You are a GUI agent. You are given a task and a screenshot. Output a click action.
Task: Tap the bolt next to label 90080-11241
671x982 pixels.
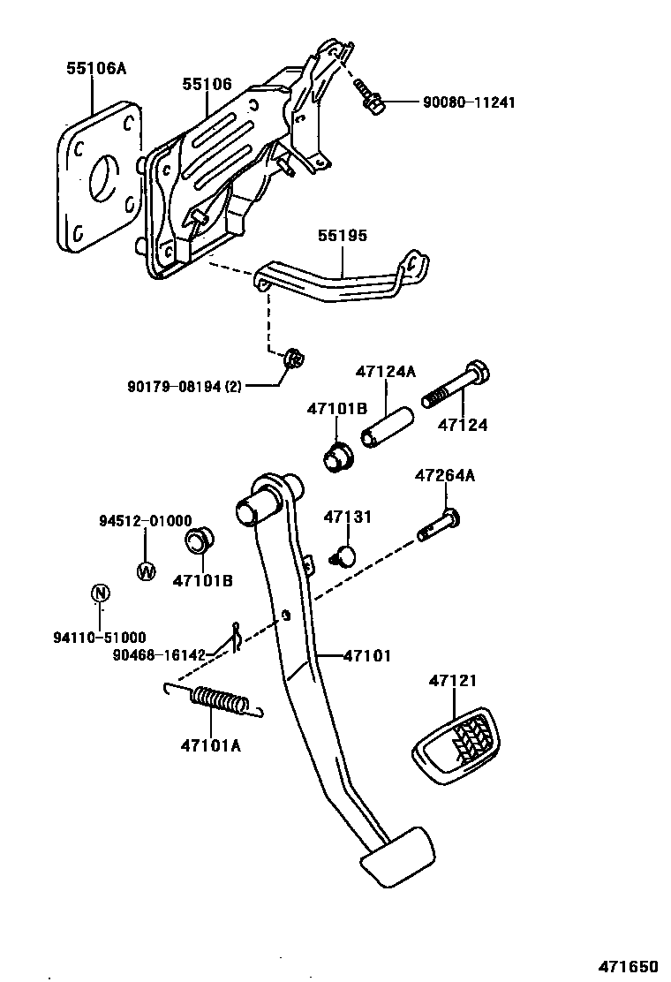[368, 98]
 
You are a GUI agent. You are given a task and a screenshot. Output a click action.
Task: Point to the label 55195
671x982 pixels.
[343, 236]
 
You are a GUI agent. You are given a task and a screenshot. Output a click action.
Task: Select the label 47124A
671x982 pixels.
[385, 371]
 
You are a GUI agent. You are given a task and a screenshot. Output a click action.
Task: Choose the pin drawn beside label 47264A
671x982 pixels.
[439, 527]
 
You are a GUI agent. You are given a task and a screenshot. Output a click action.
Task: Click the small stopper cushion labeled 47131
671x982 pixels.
[342, 555]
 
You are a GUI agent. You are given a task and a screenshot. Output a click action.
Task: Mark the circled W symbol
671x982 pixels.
[146, 570]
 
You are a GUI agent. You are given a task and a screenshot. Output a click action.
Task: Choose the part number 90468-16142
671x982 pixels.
[159, 655]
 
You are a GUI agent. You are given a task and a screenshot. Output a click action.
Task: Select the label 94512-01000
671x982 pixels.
[145, 522]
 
